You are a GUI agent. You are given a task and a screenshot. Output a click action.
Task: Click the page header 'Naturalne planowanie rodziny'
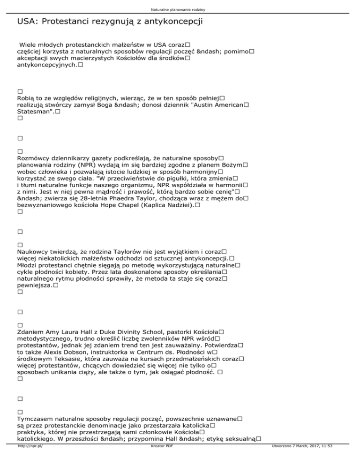180,9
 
